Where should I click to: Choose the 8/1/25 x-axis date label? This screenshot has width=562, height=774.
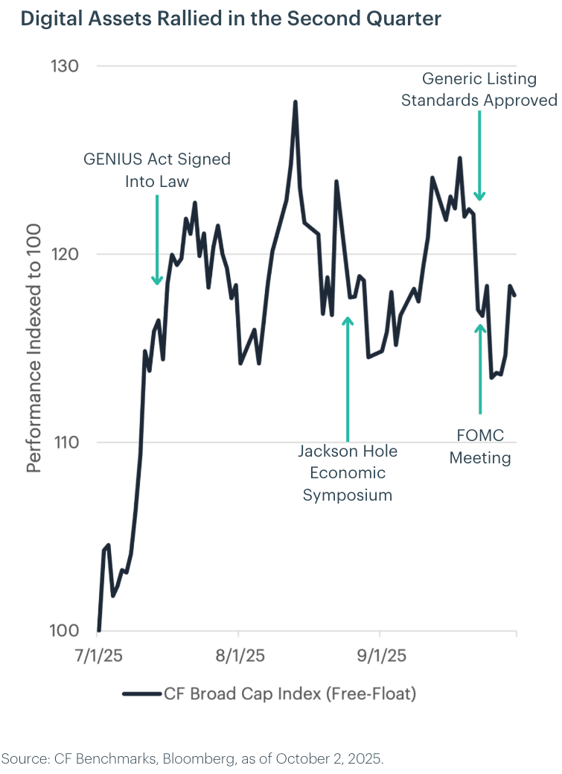238,657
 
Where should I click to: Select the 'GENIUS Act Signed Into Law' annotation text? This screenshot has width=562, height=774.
157,170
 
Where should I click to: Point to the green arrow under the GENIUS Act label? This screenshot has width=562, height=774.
157,239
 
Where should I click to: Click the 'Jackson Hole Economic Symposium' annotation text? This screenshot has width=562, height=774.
348,472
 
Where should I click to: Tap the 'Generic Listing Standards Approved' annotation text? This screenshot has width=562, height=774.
479,89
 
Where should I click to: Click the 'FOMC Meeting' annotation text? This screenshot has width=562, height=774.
480,446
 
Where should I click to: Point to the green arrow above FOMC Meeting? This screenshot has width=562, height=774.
480,368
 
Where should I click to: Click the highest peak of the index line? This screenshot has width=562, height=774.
296,102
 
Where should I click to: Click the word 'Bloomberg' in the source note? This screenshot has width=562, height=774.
174,759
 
